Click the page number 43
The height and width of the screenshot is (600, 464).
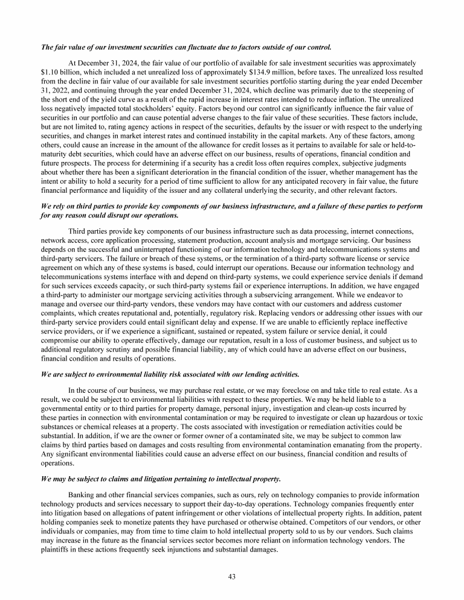pos(231,576)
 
